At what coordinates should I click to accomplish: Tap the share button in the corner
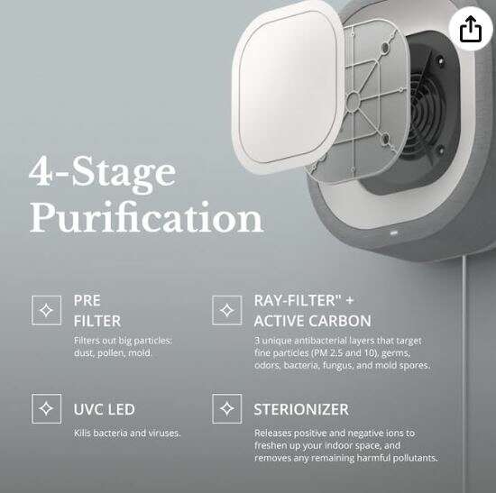471,29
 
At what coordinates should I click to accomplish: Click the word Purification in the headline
146,217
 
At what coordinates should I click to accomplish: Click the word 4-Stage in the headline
102,174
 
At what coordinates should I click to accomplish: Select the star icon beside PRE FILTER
47,310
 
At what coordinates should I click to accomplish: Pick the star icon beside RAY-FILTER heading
226,310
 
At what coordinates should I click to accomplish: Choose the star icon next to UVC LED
47,408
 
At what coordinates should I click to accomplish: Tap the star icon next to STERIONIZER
226,408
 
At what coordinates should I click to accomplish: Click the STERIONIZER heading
301,409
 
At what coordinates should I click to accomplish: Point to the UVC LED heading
105,409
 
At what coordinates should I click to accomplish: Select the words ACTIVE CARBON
313,321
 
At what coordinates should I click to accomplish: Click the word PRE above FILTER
87,300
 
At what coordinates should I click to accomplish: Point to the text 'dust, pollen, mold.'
113,353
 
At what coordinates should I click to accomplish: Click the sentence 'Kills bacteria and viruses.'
127,433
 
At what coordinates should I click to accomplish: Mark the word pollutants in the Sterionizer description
415,458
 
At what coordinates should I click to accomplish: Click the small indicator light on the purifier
394,233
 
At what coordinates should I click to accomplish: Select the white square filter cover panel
287,87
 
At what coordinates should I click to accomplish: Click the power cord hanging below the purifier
464,374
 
